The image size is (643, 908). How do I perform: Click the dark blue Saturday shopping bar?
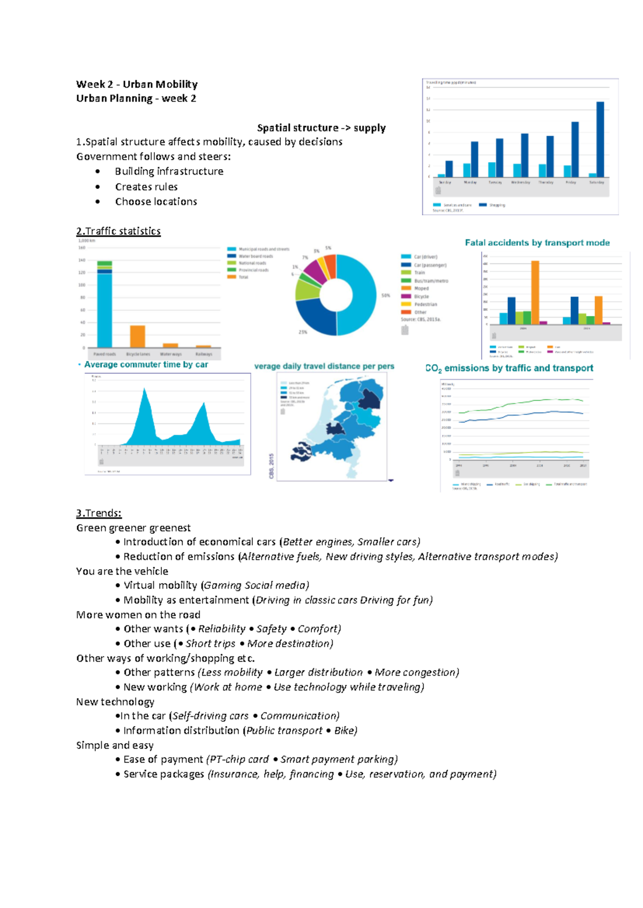[x=600, y=139]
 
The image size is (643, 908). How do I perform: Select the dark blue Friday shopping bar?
[x=575, y=149]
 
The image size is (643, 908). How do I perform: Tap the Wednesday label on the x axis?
[x=520, y=183]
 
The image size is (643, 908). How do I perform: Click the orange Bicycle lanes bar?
[x=138, y=336]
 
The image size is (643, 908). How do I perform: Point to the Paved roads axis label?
[x=104, y=354]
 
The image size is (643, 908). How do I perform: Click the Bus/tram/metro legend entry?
[x=430, y=281]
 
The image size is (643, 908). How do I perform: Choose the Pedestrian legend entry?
[x=425, y=304]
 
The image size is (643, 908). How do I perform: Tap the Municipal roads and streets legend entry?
[x=263, y=249]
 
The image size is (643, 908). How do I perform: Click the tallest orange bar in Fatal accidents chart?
[x=535, y=292]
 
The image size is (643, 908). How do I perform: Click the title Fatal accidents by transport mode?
[x=537, y=243]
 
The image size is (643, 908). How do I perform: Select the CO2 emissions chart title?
[x=509, y=368]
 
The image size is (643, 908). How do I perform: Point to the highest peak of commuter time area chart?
[x=144, y=391]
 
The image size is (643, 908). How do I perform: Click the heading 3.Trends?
[x=99, y=513]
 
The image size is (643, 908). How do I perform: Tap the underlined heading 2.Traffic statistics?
[x=118, y=231]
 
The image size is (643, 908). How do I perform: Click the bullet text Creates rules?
[x=146, y=187]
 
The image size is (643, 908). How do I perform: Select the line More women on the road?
[x=138, y=615]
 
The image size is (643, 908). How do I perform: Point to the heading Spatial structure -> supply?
[x=321, y=127]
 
